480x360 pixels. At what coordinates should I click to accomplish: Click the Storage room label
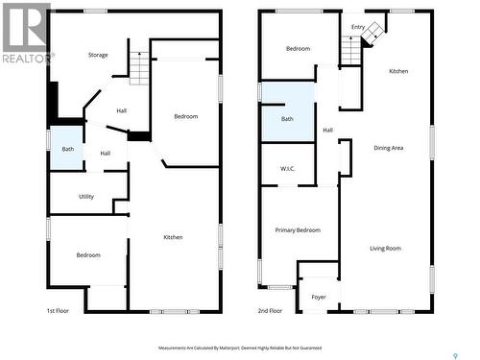[x=98, y=55]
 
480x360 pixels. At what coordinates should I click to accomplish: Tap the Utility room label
[x=86, y=196]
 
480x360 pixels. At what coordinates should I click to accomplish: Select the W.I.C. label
[x=287, y=170]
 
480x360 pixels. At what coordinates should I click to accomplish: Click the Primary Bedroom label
[x=298, y=230]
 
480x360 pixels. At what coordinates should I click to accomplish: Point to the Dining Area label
[x=388, y=148]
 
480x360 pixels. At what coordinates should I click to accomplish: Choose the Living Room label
[x=385, y=249]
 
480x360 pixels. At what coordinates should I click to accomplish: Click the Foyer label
[x=318, y=297]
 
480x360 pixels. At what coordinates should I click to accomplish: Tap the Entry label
[x=357, y=27]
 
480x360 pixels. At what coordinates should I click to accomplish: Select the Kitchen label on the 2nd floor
[x=398, y=72]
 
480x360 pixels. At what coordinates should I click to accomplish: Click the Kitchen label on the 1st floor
[x=173, y=237]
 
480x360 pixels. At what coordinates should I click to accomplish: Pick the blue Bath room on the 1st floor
[x=67, y=149]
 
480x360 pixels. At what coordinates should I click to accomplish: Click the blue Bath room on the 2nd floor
[x=287, y=118]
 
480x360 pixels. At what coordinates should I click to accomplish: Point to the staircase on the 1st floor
[x=140, y=69]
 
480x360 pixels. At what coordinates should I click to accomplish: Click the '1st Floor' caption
[x=59, y=311]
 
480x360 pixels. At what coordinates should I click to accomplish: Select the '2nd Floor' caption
[x=270, y=311]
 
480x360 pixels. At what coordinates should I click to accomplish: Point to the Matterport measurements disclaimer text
[x=240, y=348]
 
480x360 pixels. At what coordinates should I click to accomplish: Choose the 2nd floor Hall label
[x=327, y=131]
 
